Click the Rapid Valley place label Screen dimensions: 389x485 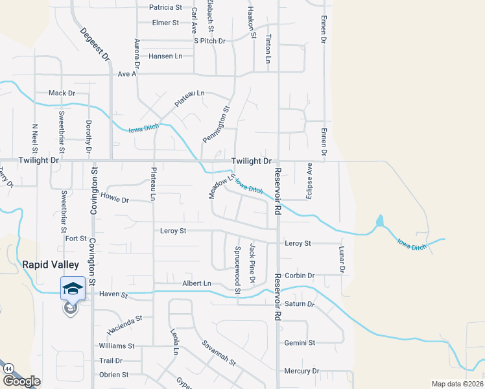point(51,265)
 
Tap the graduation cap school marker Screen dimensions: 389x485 point(73,288)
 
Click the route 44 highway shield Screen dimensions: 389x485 point(8,368)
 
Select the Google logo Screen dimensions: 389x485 point(21,381)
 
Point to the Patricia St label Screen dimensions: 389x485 point(165,8)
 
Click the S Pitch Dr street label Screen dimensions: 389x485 point(209,41)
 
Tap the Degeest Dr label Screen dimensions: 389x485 point(94,44)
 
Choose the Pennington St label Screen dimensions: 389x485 point(216,125)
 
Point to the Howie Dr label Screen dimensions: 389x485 point(115,196)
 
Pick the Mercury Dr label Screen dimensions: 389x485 point(302,371)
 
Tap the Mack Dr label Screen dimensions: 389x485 point(62,93)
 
